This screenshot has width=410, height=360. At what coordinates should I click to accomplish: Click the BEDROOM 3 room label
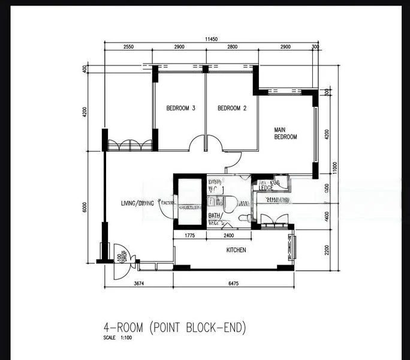tap(180, 109)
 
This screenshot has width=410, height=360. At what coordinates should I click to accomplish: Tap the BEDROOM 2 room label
tap(232, 109)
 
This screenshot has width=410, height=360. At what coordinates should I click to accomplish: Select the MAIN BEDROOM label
tap(285, 133)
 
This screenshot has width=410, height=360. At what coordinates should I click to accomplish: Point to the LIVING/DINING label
tap(137, 203)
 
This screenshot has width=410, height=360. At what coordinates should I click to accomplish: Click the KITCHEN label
tap(236, 250)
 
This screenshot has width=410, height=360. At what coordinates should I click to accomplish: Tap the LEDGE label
tap(267, 188)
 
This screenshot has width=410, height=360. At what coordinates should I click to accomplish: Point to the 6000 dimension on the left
tap(85, 208)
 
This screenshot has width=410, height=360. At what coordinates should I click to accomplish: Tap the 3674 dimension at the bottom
tap(138, 283)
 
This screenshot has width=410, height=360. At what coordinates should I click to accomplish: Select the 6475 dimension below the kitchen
tap(233, 283)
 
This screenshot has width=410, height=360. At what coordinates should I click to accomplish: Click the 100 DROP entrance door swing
tap(120, 258)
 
